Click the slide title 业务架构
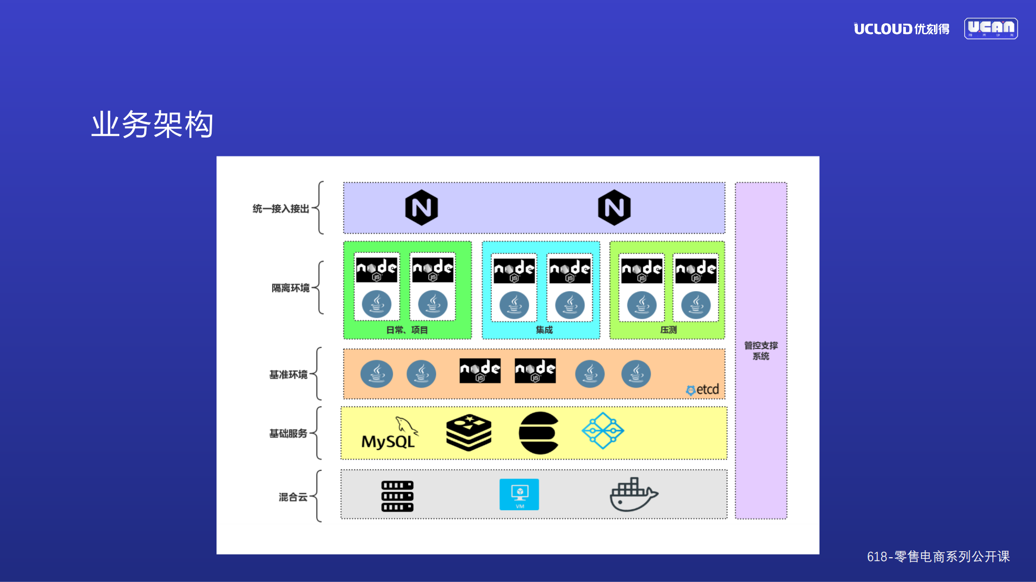click(152, 125)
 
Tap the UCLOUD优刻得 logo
click(901, 29)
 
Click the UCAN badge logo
click(991, 29)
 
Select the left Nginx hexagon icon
click(421, 208)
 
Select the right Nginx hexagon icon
click(614, 208)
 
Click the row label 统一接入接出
click(281, 209)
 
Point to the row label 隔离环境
click(290, 288)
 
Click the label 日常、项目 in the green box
click(407, 330)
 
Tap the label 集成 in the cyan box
click(544, 330)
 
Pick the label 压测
click(668, 330)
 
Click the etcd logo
click(702, 389)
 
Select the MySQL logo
click(389, 434)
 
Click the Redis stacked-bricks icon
click(469, 433)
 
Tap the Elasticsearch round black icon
click(538, 433)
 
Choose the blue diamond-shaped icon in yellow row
click(602, 430)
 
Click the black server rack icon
click(397, 496)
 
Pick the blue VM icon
click(519, 494)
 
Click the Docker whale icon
click(633, 494)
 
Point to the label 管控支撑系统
click(761, 351)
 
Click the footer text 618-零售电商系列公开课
click(938, 557)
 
